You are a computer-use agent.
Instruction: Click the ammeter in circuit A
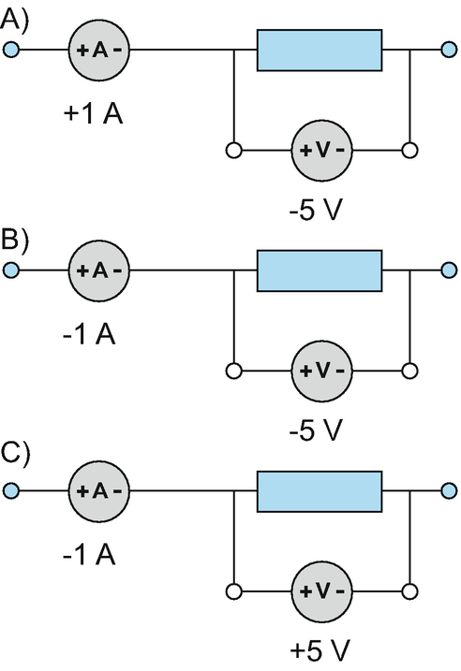pos(99,51)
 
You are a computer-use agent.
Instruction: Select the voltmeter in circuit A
pos(321,151)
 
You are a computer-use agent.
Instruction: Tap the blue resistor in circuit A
pos(320,51)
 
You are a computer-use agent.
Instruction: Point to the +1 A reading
pos(93,114)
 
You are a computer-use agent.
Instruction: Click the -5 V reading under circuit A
pos(316,211)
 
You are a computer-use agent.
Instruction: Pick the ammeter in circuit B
pos(99,270)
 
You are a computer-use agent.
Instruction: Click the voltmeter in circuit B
pos(321,371)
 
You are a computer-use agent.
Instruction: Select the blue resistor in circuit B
pos(320,270)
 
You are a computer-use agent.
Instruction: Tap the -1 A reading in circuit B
pos(89,334)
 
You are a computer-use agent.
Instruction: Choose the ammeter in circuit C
pos(99,490)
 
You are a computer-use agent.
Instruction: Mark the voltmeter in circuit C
pos(321,591)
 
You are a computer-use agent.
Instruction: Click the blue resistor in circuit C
pos(320,491)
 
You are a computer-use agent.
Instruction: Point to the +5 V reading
pos(320,650)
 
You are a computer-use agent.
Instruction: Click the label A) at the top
pos(15,20)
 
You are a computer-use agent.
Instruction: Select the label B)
pos(15,240)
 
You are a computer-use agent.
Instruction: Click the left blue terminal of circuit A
pos(11,50)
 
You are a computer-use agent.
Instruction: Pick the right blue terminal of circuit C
pos(449,490)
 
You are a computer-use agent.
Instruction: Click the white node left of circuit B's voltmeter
pos(233,371)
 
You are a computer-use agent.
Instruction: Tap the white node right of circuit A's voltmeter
pos(410,151)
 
